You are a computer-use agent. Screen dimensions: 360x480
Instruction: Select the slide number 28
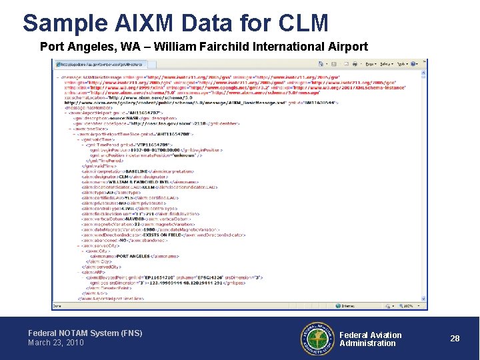tap(455, 339)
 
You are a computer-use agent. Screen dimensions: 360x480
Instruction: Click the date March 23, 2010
tap(56, 343)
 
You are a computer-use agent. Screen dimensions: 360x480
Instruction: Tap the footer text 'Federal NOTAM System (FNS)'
tap(85, 333)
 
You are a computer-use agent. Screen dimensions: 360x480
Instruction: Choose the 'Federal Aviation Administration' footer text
tap(370, 339)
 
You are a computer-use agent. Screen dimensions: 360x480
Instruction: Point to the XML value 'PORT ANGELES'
tap(137, 255)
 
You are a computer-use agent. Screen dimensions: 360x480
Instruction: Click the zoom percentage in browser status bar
tap(408, 306)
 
